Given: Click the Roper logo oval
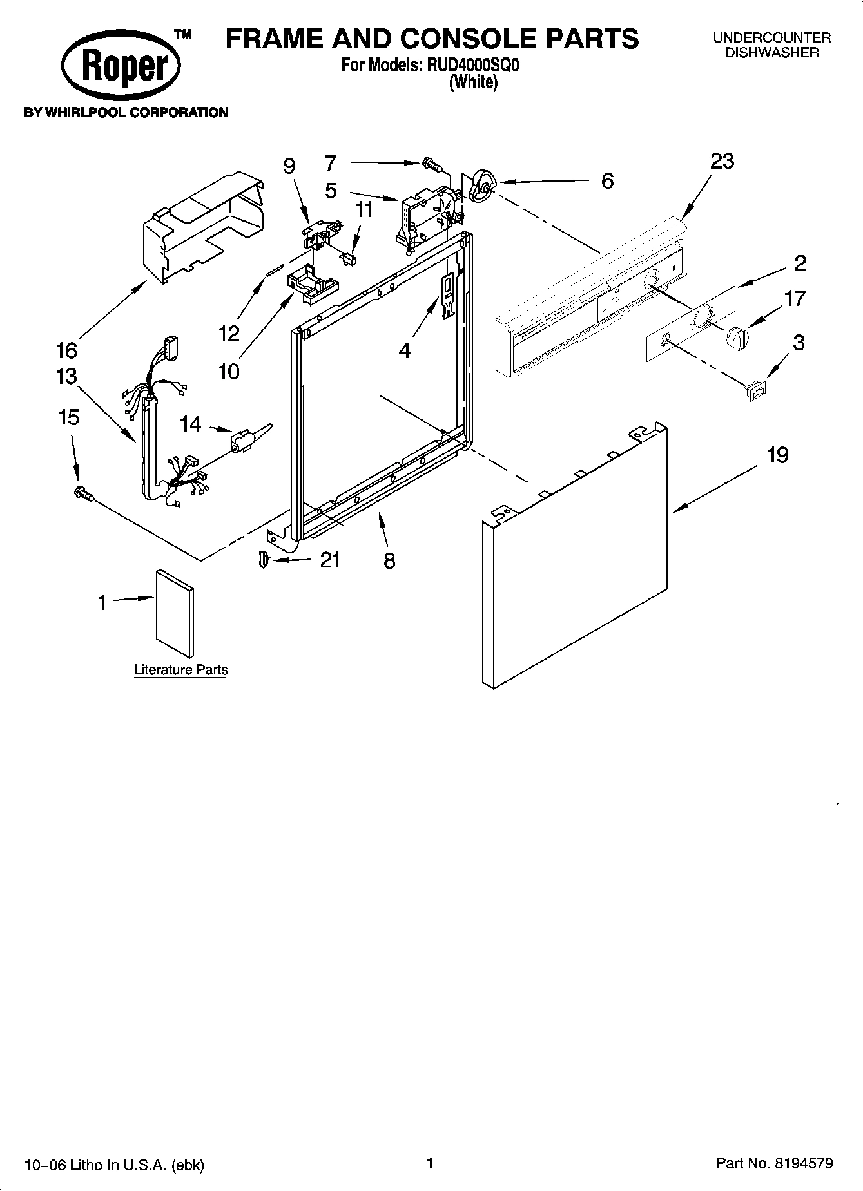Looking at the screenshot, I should (x=121, y=67).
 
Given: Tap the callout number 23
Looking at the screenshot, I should (x=722, y=161).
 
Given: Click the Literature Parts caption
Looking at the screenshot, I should (x=181, y=670).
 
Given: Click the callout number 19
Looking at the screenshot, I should (x=778, y=455).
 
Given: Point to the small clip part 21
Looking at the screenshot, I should (x=262, y=560).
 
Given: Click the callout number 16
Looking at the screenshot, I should (x=66, y=350).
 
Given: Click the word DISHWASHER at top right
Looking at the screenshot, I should (x=771, y=53).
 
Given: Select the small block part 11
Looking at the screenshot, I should (x=348, y=258).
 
